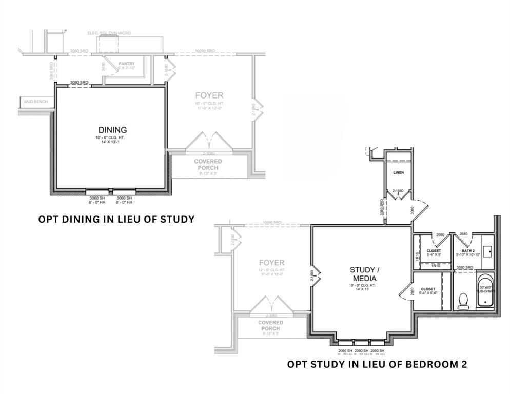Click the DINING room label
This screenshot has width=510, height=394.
coord(112,130)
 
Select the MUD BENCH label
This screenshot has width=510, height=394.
coord(36,102)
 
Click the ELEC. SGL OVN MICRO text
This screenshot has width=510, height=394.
coord(109,33)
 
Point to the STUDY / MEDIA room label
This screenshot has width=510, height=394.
coord(363,274)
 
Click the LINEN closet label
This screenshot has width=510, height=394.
coord(398,173)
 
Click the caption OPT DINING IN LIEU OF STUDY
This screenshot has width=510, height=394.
coord(116,219)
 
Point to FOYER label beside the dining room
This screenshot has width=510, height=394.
coord(209,95)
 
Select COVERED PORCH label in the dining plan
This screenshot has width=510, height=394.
coord(208,164)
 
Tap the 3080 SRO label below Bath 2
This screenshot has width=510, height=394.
coord(465,267)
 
